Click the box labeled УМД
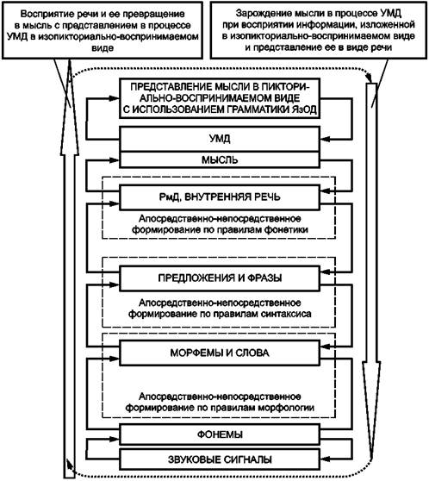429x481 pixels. point(220,139)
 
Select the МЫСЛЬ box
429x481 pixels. point(220,159)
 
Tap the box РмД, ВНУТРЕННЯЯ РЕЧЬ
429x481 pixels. point(220,197)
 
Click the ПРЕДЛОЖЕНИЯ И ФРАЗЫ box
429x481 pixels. point(220,278)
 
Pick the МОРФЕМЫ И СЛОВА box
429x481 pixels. point(220,353)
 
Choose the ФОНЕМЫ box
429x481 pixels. point(220,434)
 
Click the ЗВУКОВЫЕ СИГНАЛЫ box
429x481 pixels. point(220,459)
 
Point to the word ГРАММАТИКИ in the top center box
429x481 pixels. point(257,109)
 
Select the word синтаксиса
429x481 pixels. point(286,314)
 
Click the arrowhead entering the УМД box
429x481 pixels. point(326,140)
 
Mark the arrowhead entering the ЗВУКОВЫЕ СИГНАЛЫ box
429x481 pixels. point(326,459)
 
